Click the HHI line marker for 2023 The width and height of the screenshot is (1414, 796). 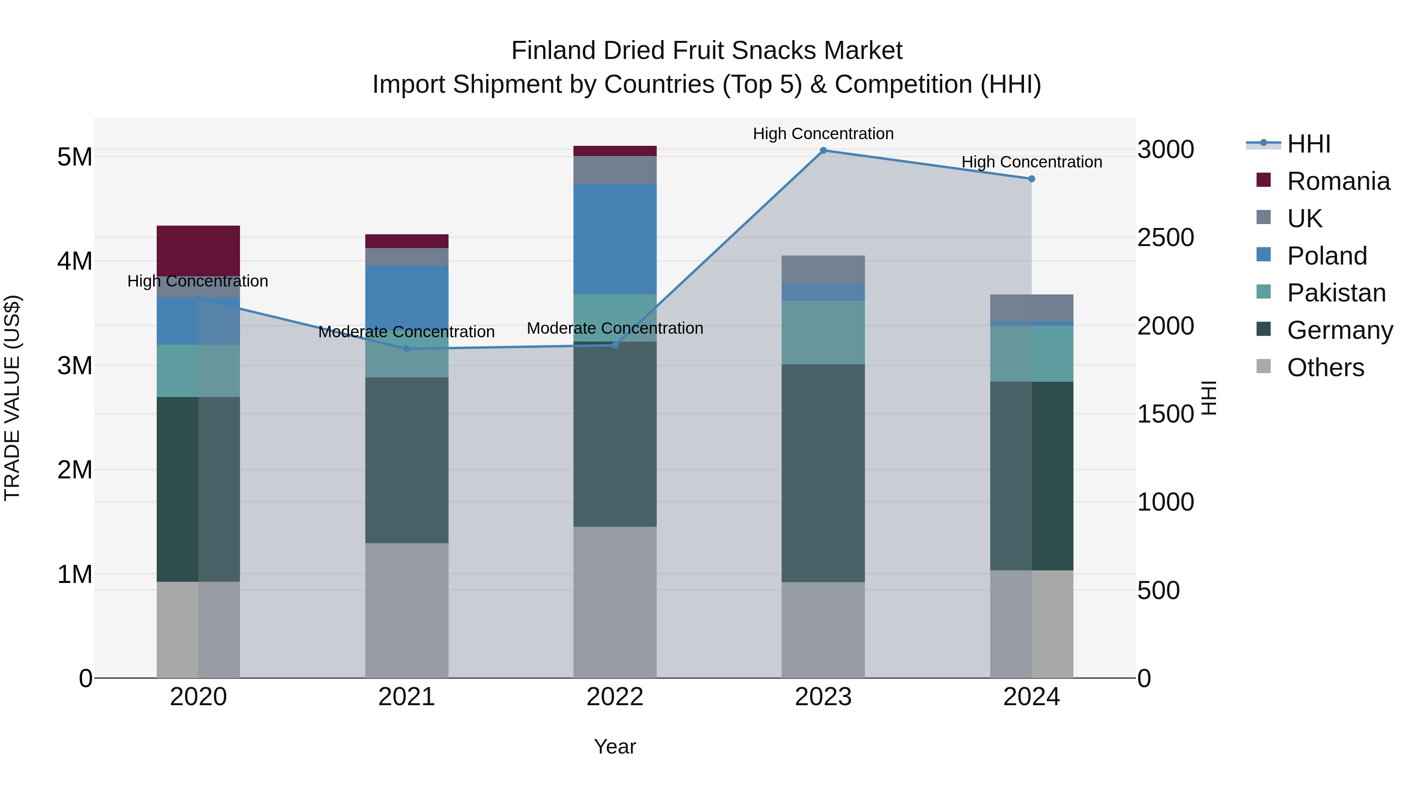(x=823, y=151)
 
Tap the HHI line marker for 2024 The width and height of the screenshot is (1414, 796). (x=1031, y=179)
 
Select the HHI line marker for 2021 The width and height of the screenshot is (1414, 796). (x=407, y=349)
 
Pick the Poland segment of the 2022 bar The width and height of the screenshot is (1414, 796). (x=615, y=239)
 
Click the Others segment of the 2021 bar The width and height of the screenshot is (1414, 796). (x=407, y=610)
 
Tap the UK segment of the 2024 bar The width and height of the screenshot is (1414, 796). (x=1031, y=308)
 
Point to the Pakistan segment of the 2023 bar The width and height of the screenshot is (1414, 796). (x=823, y=332)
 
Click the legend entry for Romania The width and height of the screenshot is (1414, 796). (x=1338, y=181)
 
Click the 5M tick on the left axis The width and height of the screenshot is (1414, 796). (x=75, y=157)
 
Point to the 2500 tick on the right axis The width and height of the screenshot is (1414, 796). (x=1165, y=238)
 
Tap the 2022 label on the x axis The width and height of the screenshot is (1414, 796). (x=615, y=697)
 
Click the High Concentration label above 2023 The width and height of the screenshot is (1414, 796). (x=823, y=134)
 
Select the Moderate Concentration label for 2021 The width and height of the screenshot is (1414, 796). (x=407, y=332)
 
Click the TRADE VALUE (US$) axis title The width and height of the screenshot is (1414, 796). (x=12, y=398)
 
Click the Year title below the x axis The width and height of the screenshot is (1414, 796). (x=615, y=746)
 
